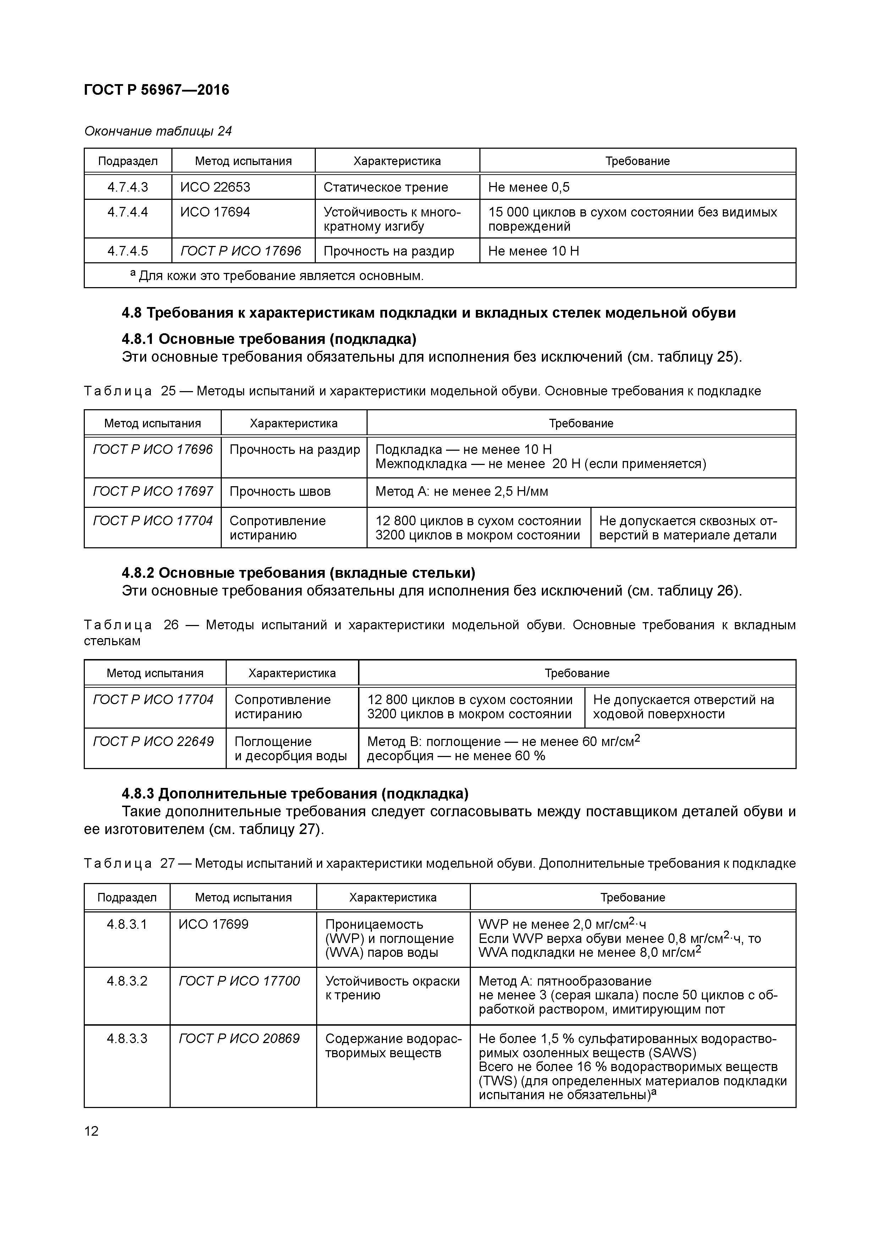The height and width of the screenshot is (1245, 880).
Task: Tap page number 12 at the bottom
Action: click(x=92, y=1131)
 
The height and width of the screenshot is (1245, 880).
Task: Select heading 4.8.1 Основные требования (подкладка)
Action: click(x=269, y=339)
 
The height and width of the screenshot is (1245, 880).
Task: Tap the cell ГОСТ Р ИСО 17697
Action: click(x=153, y=491)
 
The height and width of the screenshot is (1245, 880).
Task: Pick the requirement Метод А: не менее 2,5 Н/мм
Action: click(x=461, y=491)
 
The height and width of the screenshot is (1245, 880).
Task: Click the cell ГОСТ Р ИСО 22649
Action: click(x=153, y=741)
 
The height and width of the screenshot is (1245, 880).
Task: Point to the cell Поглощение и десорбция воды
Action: click(x=291, y=748)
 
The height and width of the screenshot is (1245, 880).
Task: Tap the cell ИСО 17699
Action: click(x=214, y=924)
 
